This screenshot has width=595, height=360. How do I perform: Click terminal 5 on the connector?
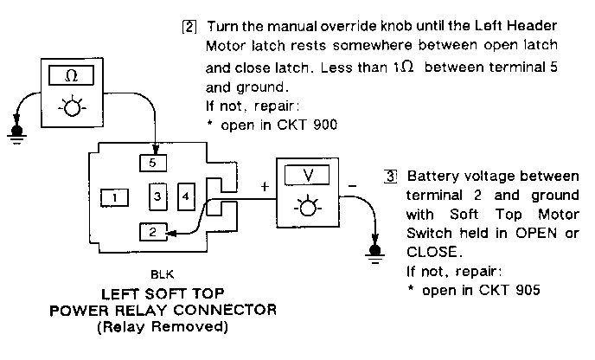click(153, 161)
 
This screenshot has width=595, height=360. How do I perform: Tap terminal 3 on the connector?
click(157, 197)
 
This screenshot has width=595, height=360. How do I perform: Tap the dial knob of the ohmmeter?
click(68, 108)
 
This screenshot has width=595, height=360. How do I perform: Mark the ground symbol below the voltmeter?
click(374, 252)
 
